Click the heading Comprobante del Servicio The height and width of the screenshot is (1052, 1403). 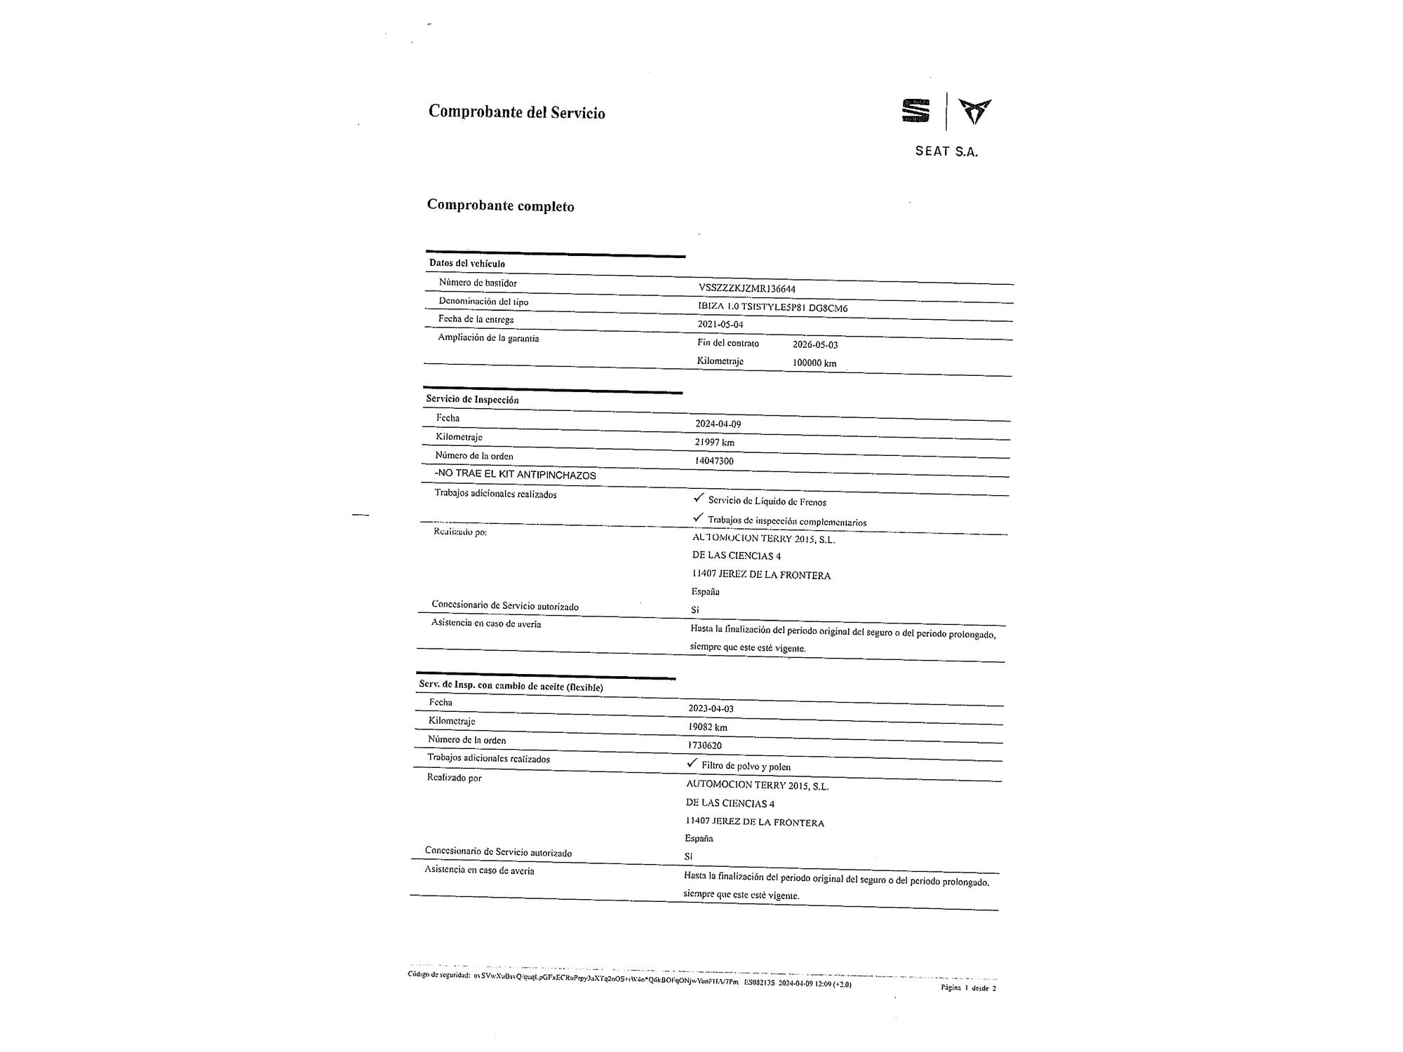[516, 112]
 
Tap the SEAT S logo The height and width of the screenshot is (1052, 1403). [915, 112]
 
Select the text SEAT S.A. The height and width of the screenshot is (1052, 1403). [946, 151]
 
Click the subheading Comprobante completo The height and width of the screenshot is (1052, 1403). [500, 206]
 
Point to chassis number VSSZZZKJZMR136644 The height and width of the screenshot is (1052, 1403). [747, 288]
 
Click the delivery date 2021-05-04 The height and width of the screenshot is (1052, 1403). [720, 325]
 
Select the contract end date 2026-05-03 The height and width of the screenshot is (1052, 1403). [815, 345]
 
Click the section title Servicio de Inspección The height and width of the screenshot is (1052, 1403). [472, 400]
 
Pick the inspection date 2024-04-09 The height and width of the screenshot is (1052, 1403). [718, 424]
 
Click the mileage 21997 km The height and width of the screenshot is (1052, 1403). [714, 443]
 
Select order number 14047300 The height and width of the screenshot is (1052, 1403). [714, 461]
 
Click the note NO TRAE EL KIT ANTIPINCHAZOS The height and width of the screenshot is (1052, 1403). [516, 475]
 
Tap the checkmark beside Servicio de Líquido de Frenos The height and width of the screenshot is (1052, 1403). [698, 498]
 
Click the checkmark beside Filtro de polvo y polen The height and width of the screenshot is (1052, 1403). [692, 763]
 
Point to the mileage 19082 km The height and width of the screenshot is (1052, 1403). [708, 727]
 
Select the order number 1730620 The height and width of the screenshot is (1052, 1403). [705, 746]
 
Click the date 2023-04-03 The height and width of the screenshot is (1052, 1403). [711, 708]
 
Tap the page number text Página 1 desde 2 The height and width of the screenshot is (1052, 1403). [968, 988]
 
